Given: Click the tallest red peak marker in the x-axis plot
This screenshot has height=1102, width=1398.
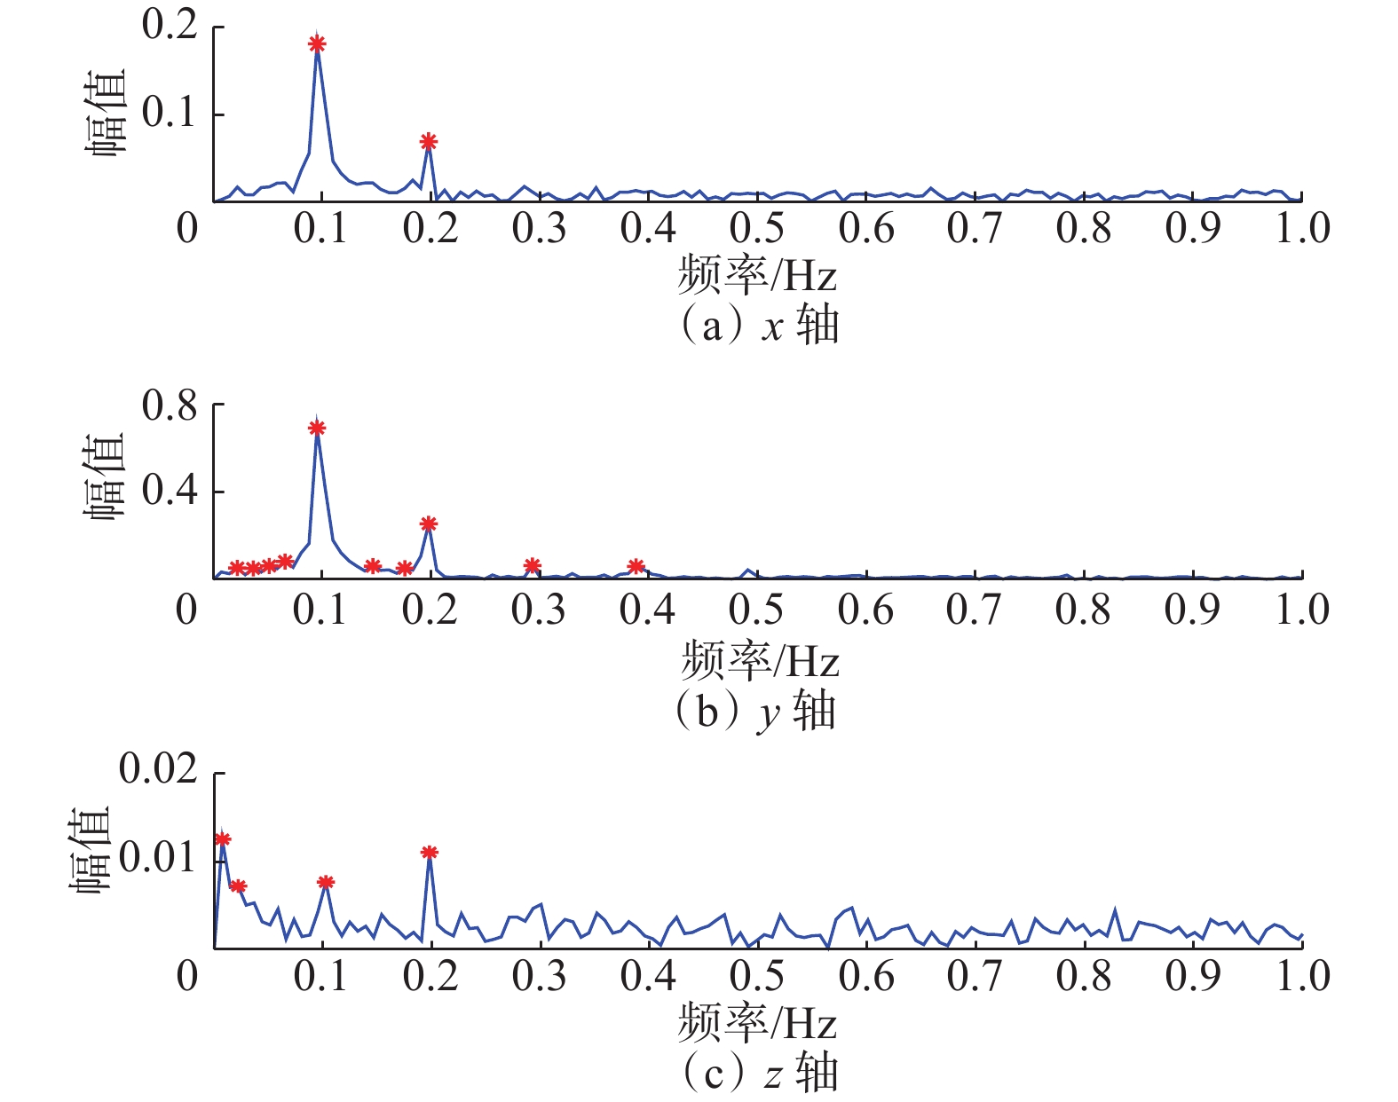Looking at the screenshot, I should (x=317, y=43).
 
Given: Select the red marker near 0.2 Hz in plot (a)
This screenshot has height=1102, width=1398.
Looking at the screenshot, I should (x=429, y=141).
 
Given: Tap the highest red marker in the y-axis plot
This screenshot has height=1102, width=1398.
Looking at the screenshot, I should (x=317, y=428).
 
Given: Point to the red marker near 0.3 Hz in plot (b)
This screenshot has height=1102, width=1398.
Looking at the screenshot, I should (x=532, y=565).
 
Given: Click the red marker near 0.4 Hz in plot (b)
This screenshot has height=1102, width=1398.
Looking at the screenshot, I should (x=636, y=566).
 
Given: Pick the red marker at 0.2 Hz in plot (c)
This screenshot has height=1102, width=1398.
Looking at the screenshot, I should (x=430, y=853).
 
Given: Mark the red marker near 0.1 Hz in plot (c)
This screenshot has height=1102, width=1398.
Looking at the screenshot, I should (x=326, y=882).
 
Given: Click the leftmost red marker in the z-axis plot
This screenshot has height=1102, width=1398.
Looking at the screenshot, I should (x=222, y=838).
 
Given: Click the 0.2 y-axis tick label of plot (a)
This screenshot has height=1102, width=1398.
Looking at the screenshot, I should (x=170, y=25).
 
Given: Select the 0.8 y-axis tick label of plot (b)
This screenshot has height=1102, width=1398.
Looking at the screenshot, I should (x=170, y=406).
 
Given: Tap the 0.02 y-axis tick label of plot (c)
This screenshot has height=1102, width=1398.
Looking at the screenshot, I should (x=158, y=769).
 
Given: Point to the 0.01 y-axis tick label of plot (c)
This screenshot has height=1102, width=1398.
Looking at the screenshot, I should (x=158, y=858).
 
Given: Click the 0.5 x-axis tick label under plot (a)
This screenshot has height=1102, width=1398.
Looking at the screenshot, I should (x=756, y=228).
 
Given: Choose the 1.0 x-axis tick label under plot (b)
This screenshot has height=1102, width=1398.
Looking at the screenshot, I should (x=1301, y=610).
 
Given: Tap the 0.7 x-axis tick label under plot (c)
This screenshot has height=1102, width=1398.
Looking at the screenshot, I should (x=975, y=976).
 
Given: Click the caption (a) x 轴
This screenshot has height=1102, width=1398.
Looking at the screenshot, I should (x=760, y=326).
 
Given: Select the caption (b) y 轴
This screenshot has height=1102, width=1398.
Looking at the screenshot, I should (x=756, y=711).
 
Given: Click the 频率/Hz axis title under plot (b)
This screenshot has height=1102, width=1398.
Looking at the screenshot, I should (x=760, y=660).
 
